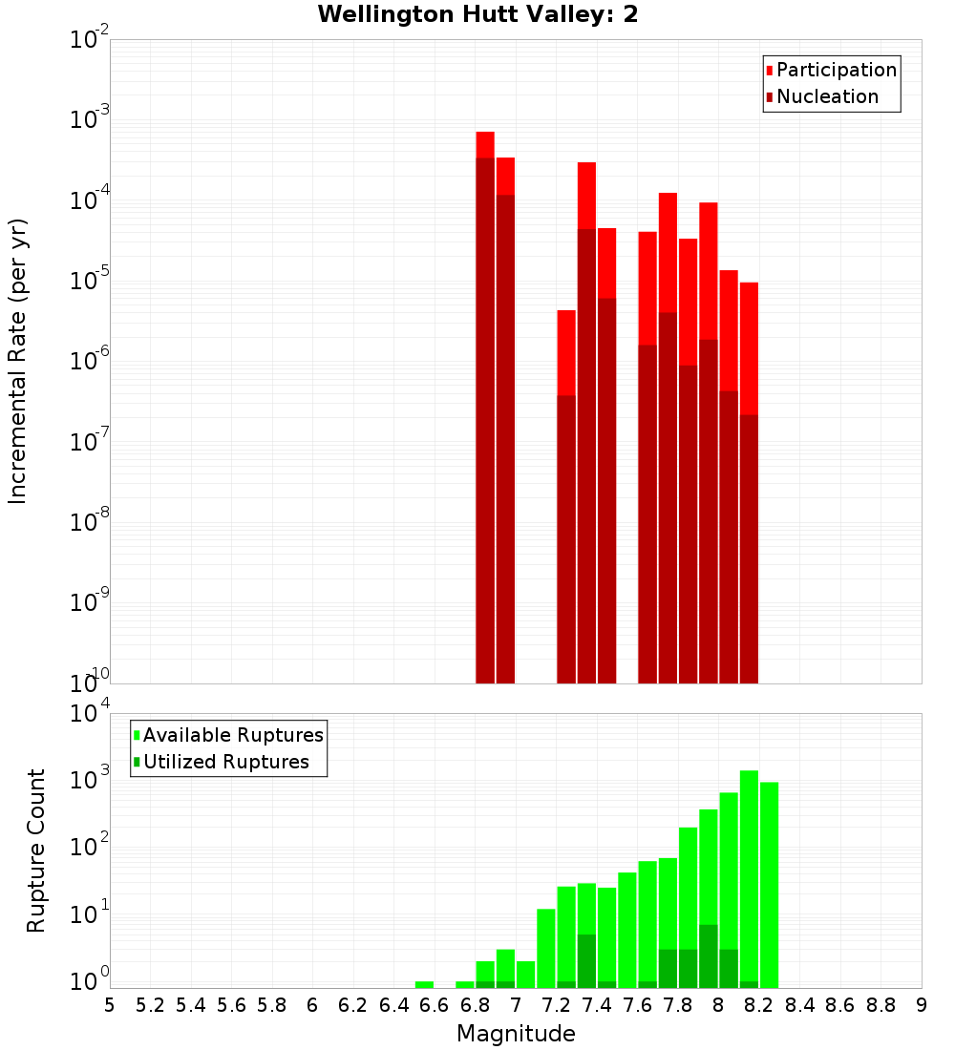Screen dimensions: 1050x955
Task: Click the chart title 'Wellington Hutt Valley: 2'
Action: pyautogui.click(x=477, y=14)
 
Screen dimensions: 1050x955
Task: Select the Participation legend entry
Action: pyautogui.click(x=831, y=70)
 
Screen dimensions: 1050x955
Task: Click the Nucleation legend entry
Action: pyautogui.click(x=821, y=96)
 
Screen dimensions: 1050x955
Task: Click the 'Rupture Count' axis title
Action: pyautogui.click(x=36, y=850)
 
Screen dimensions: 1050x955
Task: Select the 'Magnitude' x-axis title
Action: pyautogui.click(x=516, y=1034)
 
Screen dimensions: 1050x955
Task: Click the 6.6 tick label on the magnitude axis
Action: pyautogui.click(x=435, y=1005)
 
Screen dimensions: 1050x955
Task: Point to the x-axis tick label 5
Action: pyautogui.click(x=110, y=1005)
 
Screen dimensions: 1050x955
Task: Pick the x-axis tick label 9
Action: pyautogui.click(x=922, y=1005)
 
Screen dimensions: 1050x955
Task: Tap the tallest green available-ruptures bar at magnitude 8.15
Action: pyautogui.click(x=749, y=878)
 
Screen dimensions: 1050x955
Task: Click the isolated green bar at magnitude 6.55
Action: pyautogui.click(x=424, y=984)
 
